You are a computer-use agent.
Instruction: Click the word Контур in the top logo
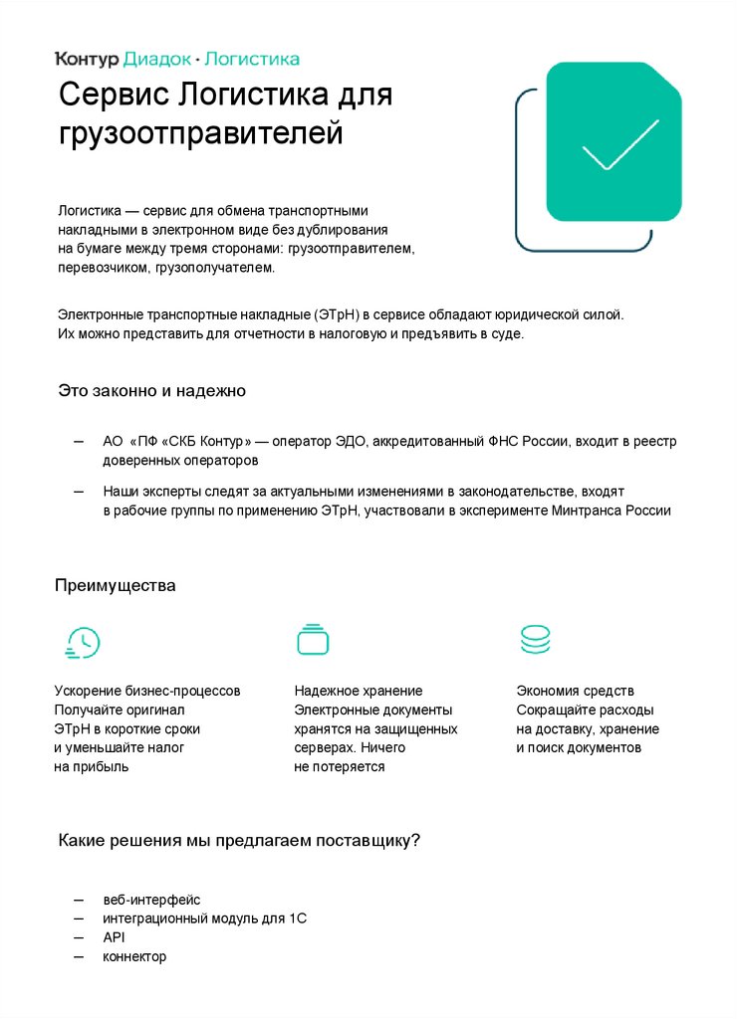[87, 59]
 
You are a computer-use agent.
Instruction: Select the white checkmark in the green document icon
[619, 145]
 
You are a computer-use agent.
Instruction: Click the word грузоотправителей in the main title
[200, 134]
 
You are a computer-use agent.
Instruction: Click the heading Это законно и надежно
[151, 391]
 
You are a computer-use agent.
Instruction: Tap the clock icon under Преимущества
[81, 643]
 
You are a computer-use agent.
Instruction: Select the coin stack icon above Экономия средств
[535, 640]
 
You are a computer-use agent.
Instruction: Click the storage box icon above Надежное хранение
[313, 640]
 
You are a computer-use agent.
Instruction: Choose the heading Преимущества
[115, 585]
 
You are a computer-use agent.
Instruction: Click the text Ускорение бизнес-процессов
[146, 691]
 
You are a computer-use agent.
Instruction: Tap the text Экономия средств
[575, 691]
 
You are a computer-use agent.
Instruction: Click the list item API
[114, 937]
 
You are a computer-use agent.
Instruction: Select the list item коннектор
[134, 956]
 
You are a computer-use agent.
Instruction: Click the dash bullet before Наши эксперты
[79, 492]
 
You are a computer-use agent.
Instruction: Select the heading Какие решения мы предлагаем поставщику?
[239, 841]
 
